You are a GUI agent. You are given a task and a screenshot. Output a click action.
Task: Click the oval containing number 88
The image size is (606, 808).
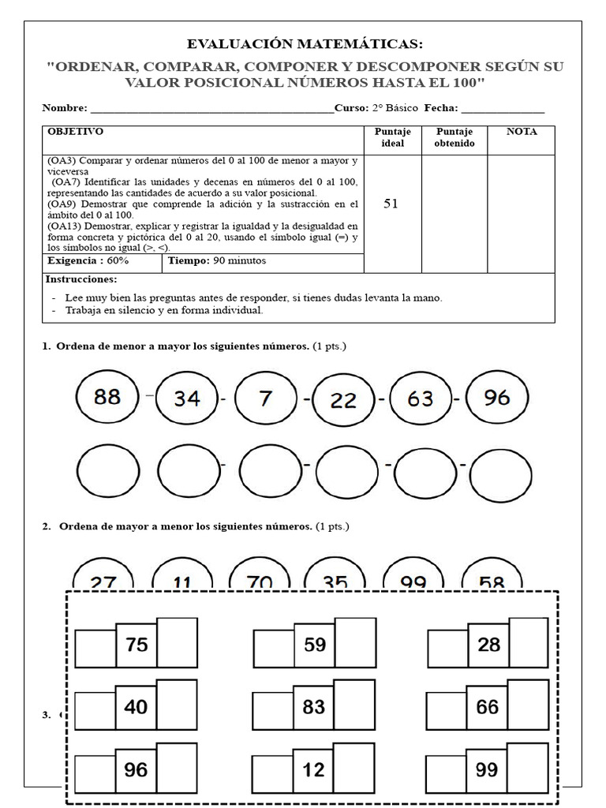[x=108, y=397]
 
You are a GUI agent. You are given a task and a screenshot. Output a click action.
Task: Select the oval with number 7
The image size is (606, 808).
[x=266, y=398]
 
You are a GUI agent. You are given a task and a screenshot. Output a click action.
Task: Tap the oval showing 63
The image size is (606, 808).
[x=421, y=399]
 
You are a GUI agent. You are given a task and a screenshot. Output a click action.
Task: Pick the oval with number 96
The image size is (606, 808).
[x=497, y=398]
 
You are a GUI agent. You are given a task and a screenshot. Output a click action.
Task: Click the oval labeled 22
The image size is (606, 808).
[x=343, y=401]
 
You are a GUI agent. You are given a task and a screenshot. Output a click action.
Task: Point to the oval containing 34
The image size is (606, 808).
[x=187, y=399]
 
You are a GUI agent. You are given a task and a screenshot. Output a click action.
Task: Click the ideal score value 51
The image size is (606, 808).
[x=391, y=204]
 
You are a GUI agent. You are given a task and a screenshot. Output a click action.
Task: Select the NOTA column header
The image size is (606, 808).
[x=522, y=132]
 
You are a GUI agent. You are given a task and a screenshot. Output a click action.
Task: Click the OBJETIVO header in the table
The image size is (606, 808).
[x=75, y=132]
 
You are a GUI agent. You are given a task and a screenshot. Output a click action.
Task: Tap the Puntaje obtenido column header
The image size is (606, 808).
[x=454, y=137]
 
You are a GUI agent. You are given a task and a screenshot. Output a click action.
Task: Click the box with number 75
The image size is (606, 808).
[x=137, y=645]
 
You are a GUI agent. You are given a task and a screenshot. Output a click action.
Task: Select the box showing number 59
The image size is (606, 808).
[x=314, y=645]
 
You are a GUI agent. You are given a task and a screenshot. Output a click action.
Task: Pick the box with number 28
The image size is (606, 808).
[x=488, y=645]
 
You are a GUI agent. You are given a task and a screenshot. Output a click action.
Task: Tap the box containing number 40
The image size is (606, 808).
[x=136, y=707]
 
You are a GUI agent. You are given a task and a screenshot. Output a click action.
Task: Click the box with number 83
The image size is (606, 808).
[x=313, y=707]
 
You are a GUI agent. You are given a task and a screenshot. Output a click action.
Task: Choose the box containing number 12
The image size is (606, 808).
[x=313, y=769]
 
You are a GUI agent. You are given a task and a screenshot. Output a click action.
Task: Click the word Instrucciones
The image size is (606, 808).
[x=80, y=279]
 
